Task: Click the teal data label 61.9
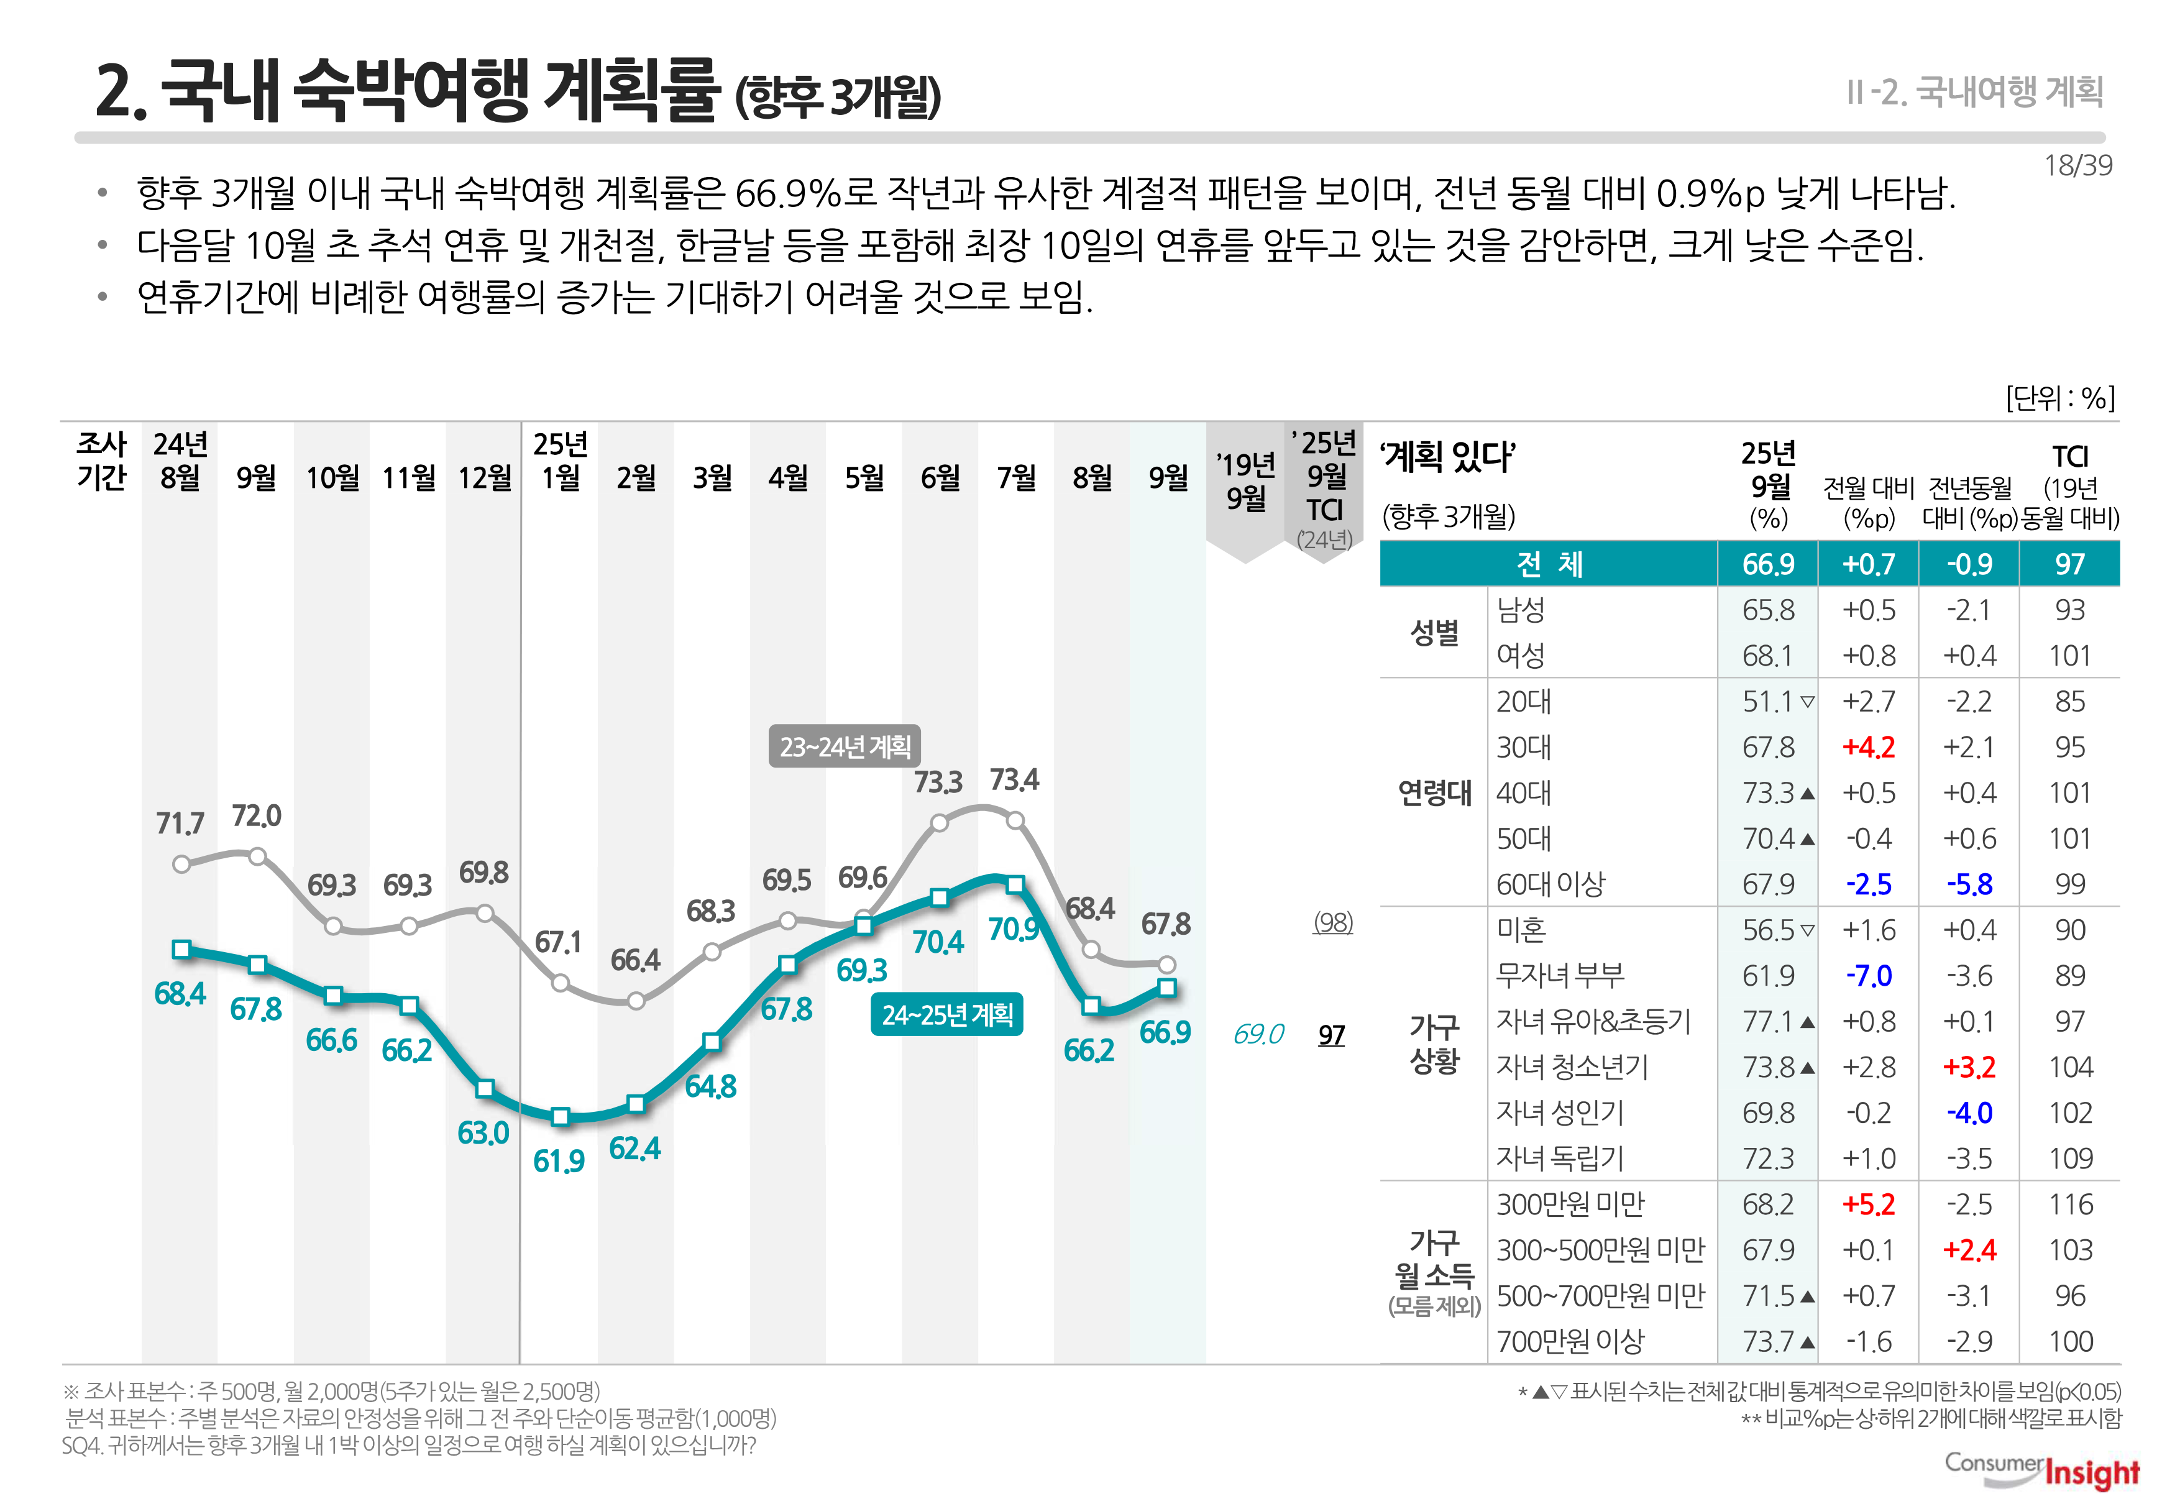[x=559, y=1161]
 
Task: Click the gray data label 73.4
[x=1014, y=780]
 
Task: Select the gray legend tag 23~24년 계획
[x=844, y=747]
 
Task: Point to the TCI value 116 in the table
[x=2071, y=1204]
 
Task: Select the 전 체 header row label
[x=1549, y=564]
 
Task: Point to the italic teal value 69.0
[x=1257, y=1034]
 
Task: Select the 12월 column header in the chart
[x=484, y=477]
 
